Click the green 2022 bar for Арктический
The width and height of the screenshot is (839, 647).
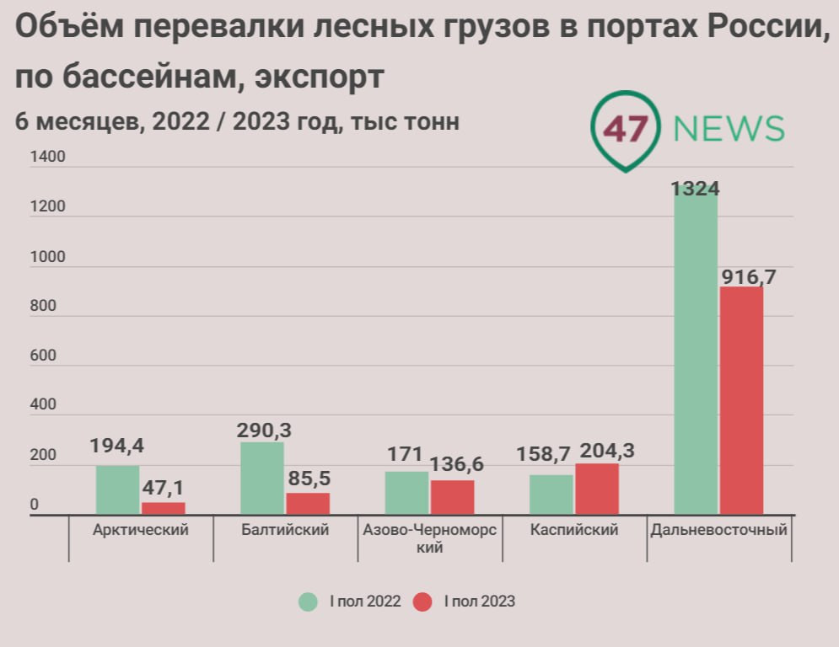click(118, 489)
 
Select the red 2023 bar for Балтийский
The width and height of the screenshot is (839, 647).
click(308, 503)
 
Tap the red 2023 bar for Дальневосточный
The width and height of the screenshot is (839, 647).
click(741, 400)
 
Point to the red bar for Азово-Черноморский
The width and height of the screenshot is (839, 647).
click(453, 497)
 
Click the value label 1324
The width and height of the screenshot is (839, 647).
click(696, 188)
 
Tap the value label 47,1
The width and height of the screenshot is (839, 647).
click(164, 488)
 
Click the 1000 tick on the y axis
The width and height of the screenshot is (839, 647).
click(47, 257)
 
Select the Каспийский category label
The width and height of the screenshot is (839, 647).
click(575, 530)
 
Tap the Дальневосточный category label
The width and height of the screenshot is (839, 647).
click(719, 530)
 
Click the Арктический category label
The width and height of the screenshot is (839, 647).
click(140, 530)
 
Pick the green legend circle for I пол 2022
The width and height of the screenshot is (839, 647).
click(309, 602)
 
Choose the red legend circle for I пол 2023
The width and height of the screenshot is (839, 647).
click(422, 602)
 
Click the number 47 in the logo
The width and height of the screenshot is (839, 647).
click(626, 129)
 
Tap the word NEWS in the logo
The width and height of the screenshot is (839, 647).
click(729, 129)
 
